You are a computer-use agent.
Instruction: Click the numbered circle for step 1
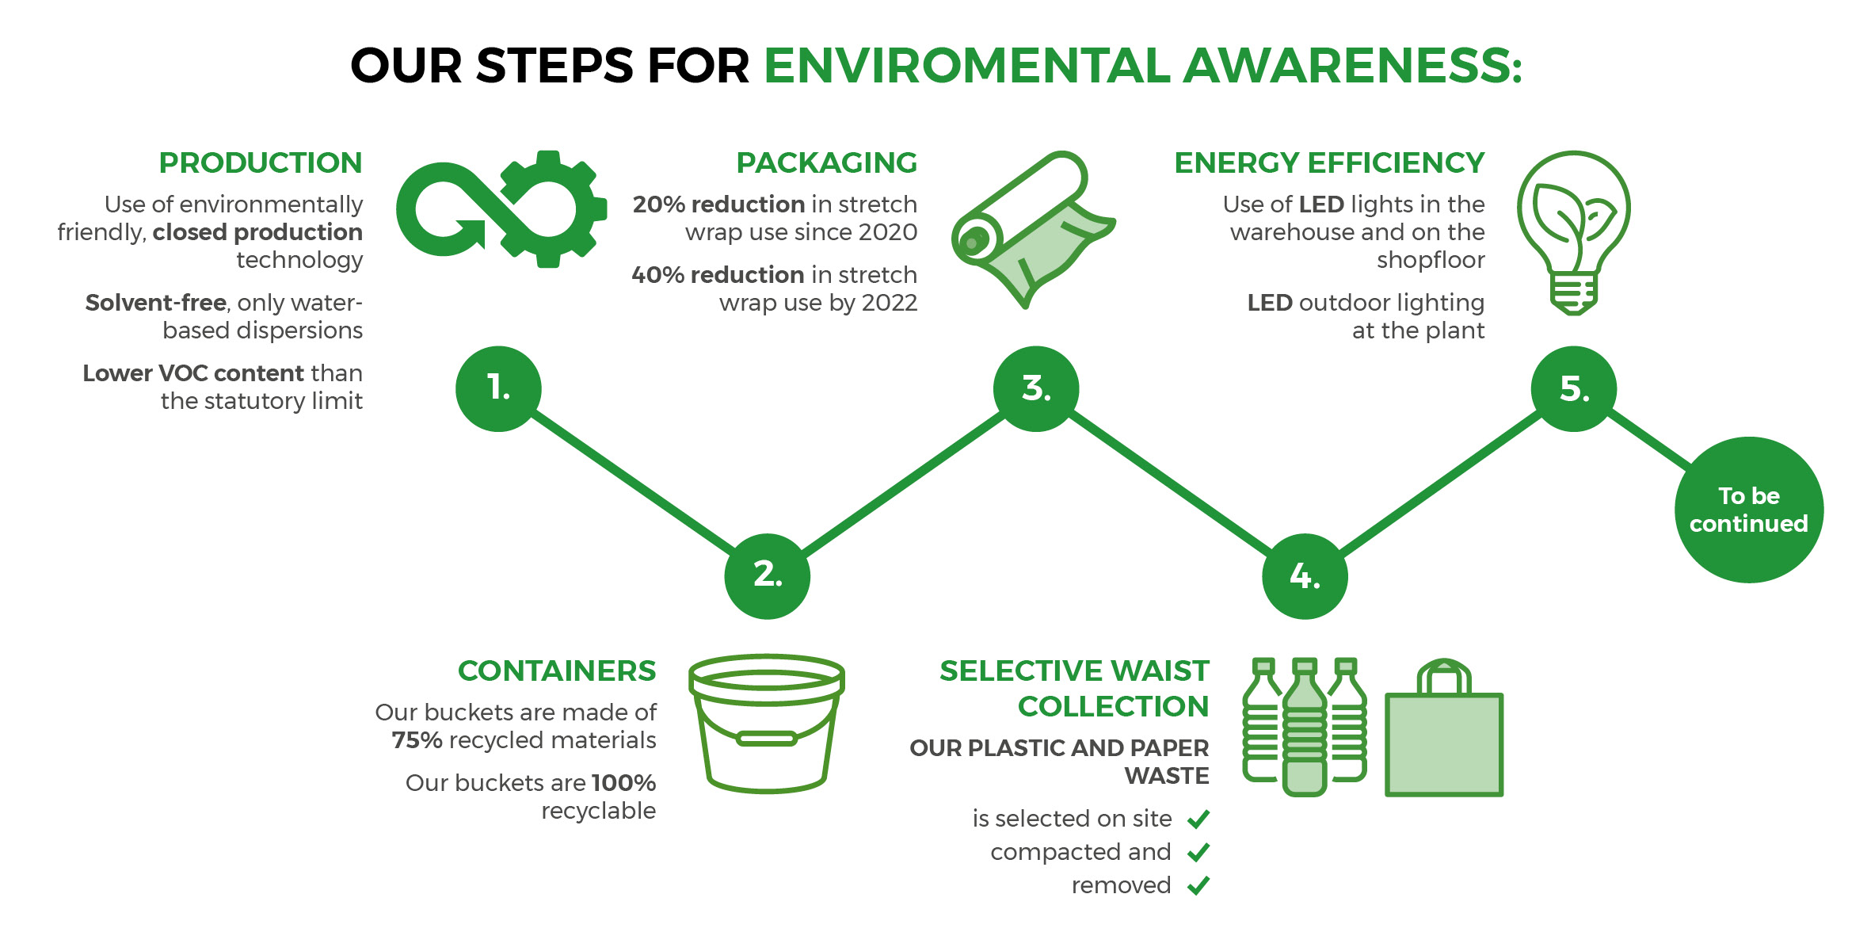coord(498,388)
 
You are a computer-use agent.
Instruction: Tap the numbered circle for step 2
coord(767,575)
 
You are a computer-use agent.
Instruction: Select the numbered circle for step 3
coord(1036,388)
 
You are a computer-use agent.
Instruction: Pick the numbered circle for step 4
coord(1305,575)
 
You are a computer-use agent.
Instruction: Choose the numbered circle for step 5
coord(1574,388)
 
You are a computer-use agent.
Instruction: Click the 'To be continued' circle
coord(1749,510)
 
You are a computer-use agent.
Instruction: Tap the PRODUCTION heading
coord(261,162)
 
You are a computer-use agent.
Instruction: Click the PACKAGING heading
coord(826,162)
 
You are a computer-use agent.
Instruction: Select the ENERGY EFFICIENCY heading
coord(1329,162)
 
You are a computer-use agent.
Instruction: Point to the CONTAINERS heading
coord(557,670)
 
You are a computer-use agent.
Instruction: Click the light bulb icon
coord(1573,231)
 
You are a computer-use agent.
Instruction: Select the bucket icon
coord(767,723)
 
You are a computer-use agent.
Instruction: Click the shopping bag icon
coord(1444,728)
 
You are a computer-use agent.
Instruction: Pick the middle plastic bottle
coord(1305,727)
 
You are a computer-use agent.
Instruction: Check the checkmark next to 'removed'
coord(1198,885)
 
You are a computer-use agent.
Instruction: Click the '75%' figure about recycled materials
coord(417,740)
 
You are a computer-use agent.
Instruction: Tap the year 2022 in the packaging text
coord(889,303)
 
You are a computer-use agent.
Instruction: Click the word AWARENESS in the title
coord(1352,65)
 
